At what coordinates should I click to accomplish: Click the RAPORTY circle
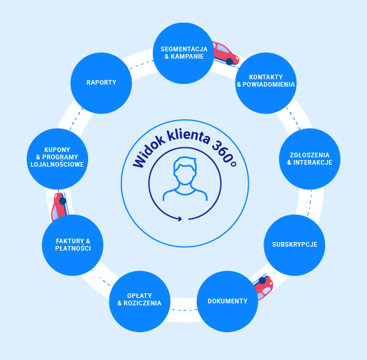(101, 83)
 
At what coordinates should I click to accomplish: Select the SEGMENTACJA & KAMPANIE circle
(183, 53)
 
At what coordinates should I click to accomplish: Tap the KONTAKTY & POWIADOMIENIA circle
(266, 83)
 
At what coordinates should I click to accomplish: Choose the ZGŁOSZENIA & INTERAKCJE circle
(310, 159)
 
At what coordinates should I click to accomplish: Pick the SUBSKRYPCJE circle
(294, 245)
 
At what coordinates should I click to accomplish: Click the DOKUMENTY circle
(228, 301)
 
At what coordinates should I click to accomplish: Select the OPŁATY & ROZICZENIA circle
(139, 301)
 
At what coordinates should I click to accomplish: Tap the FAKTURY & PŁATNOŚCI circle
(73, 245)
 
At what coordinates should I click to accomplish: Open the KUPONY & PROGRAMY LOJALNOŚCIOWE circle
(57, 159)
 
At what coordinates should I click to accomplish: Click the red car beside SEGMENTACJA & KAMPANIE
(226, 53)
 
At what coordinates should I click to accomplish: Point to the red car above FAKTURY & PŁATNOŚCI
(59, 207)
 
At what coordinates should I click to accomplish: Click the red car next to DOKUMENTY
(264, 287)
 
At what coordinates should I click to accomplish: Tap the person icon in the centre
(185, 179)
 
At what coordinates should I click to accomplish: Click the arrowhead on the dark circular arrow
(179, 219)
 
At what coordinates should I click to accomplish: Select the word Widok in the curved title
(148, 153)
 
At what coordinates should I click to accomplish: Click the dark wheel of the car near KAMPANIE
(230, 61)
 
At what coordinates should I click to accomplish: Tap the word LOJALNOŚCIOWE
(57, 164)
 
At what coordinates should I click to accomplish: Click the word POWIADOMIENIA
(269, 85)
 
